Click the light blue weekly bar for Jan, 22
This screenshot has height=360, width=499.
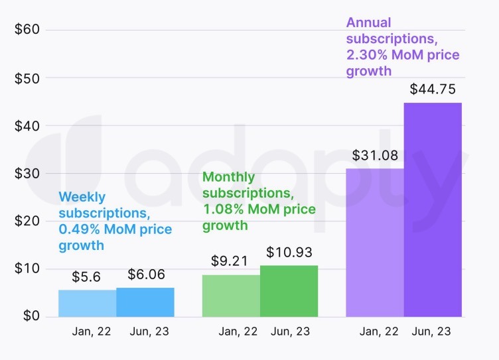(87, 303)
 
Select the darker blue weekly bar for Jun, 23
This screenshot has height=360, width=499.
(145, 302)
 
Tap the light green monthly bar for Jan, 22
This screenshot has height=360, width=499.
(231, 296)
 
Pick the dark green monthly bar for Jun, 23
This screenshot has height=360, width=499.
(289, 291)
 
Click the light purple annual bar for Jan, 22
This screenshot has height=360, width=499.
(374, 243)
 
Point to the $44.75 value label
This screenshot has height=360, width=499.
(432, 90)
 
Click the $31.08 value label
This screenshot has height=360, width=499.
(375, 156)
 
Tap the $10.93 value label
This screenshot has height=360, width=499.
(289, 253)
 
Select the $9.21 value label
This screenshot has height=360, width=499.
(229, 262)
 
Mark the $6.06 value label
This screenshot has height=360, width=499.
(145, 274)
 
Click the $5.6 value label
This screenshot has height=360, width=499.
(87, 277)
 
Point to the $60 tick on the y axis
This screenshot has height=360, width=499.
(27, 30)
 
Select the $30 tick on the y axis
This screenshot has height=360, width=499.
(27, 174)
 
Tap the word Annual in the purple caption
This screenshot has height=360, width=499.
(369, 23)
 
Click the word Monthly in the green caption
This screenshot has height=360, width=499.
(228, 178)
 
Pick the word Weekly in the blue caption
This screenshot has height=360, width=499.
(82, 197)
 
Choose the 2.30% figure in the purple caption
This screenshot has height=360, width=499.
(367, 55)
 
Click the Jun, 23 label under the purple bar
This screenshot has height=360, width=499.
(433, 331)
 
